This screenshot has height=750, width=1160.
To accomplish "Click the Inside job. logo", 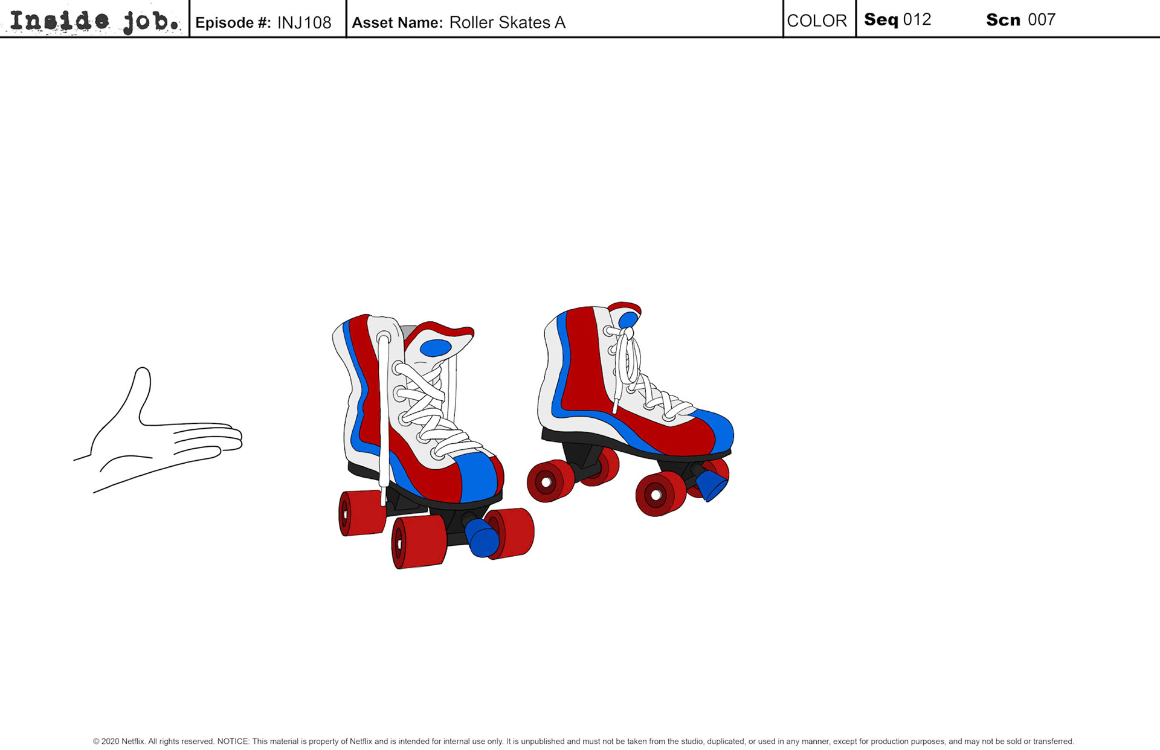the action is pyautogui.click(x=95, y=21).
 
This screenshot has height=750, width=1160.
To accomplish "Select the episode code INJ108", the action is pyautogui.click(x=304, y=23).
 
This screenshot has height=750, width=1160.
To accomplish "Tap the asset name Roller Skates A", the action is pyautogui.click(x=507, y=23).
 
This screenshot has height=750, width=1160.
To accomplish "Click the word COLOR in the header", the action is pyautogui.click(x=817, y=21).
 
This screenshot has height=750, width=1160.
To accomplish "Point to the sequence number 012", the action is pyautogui.click(x=917, y=20).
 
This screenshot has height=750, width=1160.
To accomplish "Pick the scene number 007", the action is pyautogui.click(x=1041, y=20).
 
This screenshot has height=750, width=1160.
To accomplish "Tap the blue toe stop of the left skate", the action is pyautogui.click(x=482, y=537).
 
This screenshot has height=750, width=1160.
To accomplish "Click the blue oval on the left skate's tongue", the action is pyautogui.click(x=435, y=348).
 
